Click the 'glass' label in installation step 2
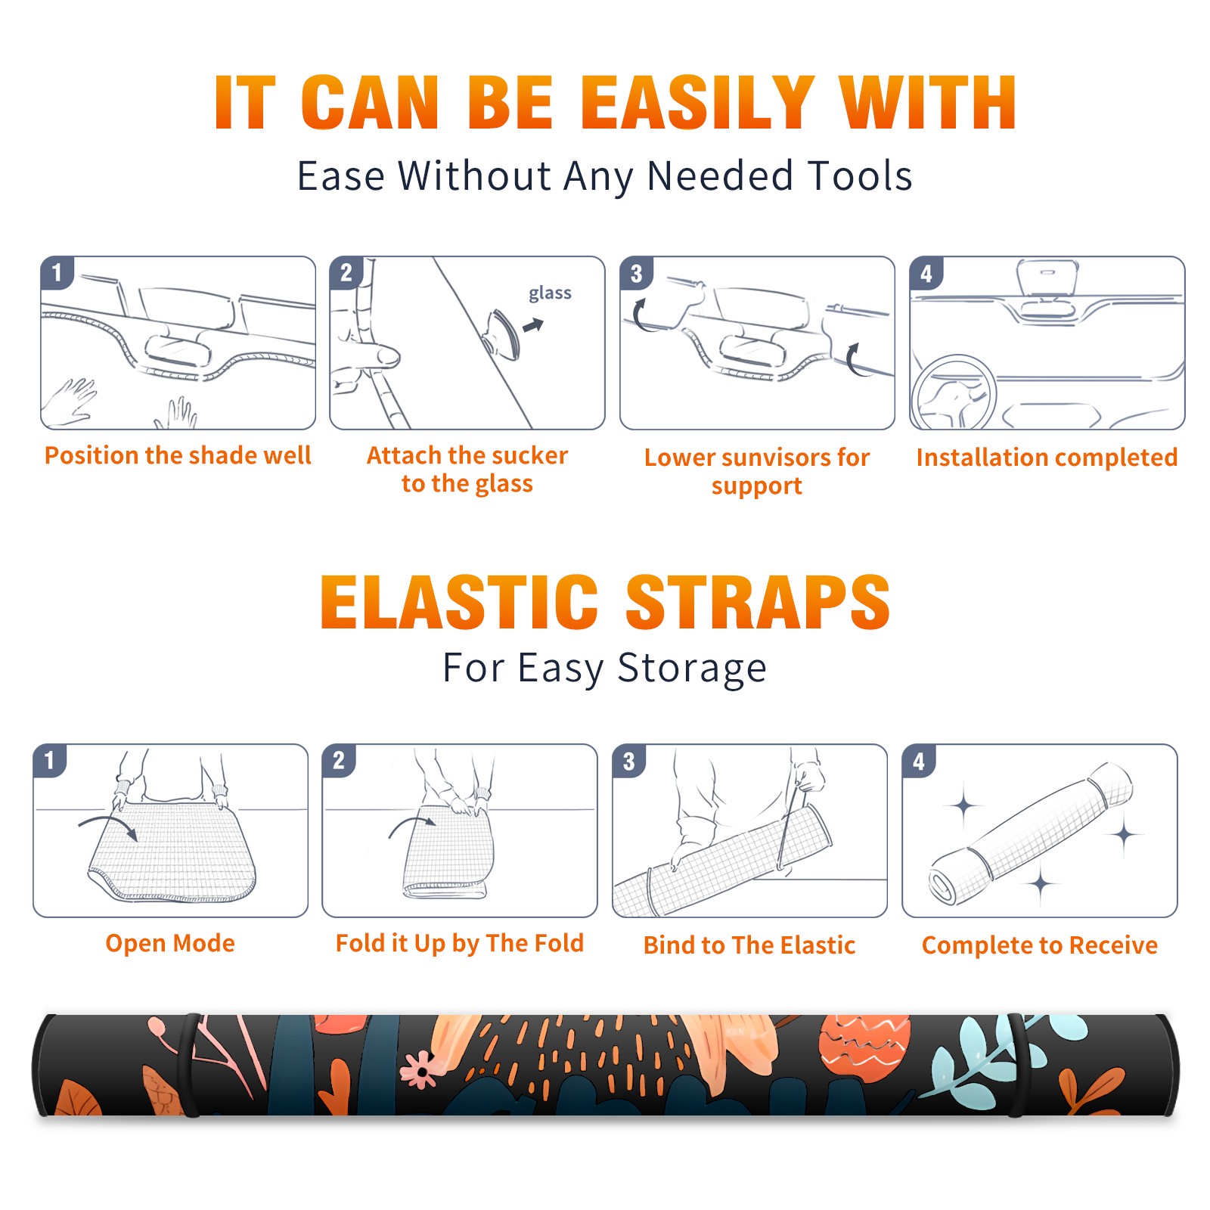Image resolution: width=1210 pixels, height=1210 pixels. pos(550,293)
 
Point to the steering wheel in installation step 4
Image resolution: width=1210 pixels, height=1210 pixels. pos(954,393)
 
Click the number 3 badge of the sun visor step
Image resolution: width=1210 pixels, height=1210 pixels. pos(637,274)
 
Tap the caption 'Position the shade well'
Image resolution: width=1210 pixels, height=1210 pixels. pos(178,455)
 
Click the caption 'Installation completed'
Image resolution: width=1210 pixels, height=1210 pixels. pos(1047,457)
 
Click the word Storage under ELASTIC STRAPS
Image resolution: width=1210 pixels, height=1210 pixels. pos(692,668)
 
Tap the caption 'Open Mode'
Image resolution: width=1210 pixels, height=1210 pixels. pos(170,943)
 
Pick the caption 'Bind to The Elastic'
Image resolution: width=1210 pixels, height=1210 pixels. pos(749,945)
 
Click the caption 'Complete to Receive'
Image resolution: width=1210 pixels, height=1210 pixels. pos(1040,945)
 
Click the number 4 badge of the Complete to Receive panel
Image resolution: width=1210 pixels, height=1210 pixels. pos(919,761)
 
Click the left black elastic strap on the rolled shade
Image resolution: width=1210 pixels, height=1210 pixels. pos(189,1066)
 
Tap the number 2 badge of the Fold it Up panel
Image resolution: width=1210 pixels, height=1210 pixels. pos(339,761)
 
